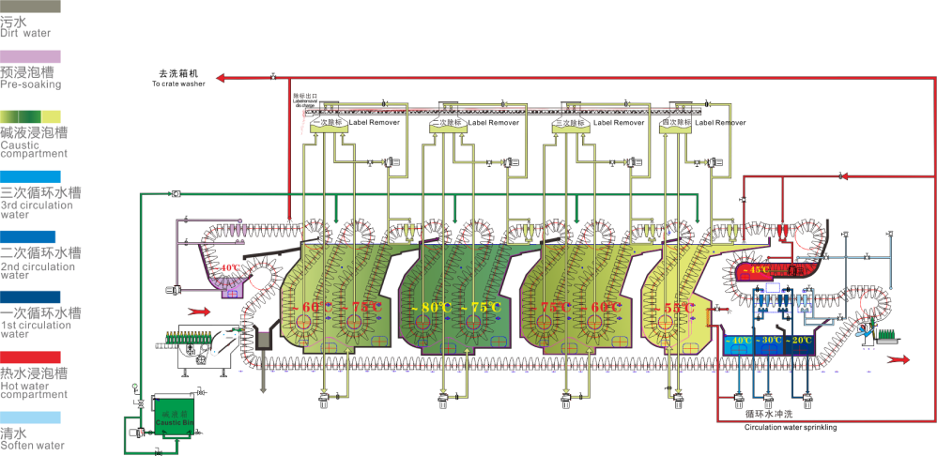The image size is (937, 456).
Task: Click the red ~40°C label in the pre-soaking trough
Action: point(228,268)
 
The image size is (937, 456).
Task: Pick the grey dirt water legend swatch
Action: point(31,6)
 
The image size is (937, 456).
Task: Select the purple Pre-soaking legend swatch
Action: point(31,57)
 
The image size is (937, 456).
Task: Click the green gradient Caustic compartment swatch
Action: point(31,115)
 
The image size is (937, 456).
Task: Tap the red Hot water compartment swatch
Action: point(31,357)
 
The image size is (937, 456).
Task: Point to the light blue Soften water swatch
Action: point(31,417)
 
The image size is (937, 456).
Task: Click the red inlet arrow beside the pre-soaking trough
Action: point(198,310)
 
